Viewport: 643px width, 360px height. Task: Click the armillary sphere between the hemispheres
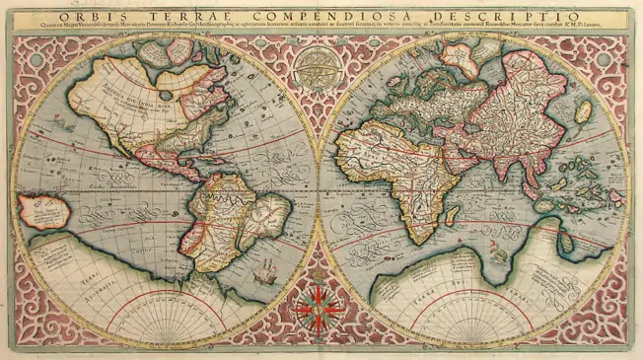pyautogui.click(x=314, y=70)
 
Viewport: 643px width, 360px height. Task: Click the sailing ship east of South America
pyautogui.click(x=265, y=271)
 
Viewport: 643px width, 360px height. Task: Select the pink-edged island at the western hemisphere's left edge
pyautogui.click(x=38, y=209)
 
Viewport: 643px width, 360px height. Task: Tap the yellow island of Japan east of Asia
pyautogui.click(x=583, y=111)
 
